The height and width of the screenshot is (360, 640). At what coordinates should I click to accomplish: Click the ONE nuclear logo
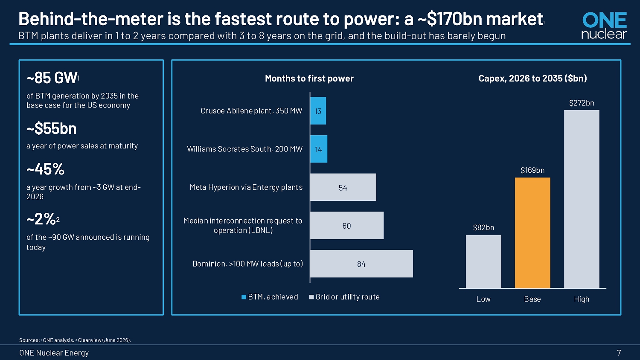coord(604,26)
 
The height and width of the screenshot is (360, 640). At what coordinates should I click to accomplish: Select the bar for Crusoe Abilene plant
coord(318,111)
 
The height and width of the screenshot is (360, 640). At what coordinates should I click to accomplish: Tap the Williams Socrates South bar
coord(319,149)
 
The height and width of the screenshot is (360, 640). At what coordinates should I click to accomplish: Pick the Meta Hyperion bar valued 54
coord(343,187)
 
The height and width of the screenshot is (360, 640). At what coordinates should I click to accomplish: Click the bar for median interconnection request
coord(347,226)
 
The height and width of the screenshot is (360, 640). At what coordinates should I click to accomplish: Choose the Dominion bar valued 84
coord(361,264)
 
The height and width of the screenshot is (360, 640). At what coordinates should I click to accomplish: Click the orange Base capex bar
coord(532,233)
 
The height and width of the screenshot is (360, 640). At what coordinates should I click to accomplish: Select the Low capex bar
coord(483,261)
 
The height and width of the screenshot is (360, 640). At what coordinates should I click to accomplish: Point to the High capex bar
coord(582,199)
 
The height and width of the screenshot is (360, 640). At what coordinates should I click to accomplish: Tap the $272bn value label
coord(582,103)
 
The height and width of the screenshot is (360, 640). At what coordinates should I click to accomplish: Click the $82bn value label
coord(483,227)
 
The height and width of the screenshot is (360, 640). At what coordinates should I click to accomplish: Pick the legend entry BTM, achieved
coord(270,297)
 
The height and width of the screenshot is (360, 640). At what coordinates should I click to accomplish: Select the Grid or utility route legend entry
coord(344,297)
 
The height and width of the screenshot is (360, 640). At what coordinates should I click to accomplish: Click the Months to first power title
coord(309,78)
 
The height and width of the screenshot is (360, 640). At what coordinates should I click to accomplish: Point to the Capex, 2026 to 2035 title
coord(532,78)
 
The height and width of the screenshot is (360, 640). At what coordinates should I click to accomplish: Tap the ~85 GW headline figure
coord(52,78)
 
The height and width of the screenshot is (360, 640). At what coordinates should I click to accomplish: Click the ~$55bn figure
coord(52,128)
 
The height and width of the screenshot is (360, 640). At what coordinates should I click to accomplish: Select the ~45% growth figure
coord(45,169)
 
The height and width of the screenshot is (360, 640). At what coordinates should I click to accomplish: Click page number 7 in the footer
coord(619,353)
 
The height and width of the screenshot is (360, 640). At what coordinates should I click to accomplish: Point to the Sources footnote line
coord(75,340)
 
